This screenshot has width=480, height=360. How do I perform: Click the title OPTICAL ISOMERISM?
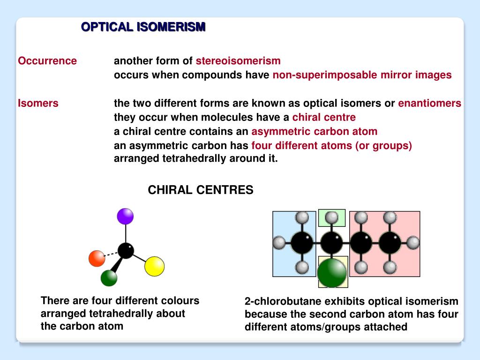(143, 27)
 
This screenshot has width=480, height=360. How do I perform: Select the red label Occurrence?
(47, 61)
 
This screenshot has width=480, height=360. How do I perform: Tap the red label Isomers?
(38, 103)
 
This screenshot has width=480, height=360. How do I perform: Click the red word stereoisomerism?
(238, 61)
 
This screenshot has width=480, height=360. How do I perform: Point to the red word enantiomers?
(429, 103)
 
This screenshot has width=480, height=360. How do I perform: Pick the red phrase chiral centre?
(324, 117)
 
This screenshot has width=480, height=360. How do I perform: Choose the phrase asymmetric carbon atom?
(314, 131)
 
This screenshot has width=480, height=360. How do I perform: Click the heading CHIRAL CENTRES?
(201, 190)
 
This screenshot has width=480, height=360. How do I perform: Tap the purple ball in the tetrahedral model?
(125, 216)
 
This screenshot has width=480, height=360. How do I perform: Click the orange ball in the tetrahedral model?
(97, 258)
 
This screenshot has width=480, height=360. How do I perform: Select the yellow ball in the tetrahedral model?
(154, 266)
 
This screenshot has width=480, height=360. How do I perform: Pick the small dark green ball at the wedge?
(109, 278)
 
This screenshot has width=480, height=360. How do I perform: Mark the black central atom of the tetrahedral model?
(126, 250)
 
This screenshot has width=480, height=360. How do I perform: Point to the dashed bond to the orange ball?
(111, 255)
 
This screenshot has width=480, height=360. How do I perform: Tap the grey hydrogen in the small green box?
(331, 217)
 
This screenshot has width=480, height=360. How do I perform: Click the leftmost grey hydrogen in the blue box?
(279, 243)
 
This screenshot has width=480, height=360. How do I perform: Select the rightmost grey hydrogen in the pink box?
(413, 243)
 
